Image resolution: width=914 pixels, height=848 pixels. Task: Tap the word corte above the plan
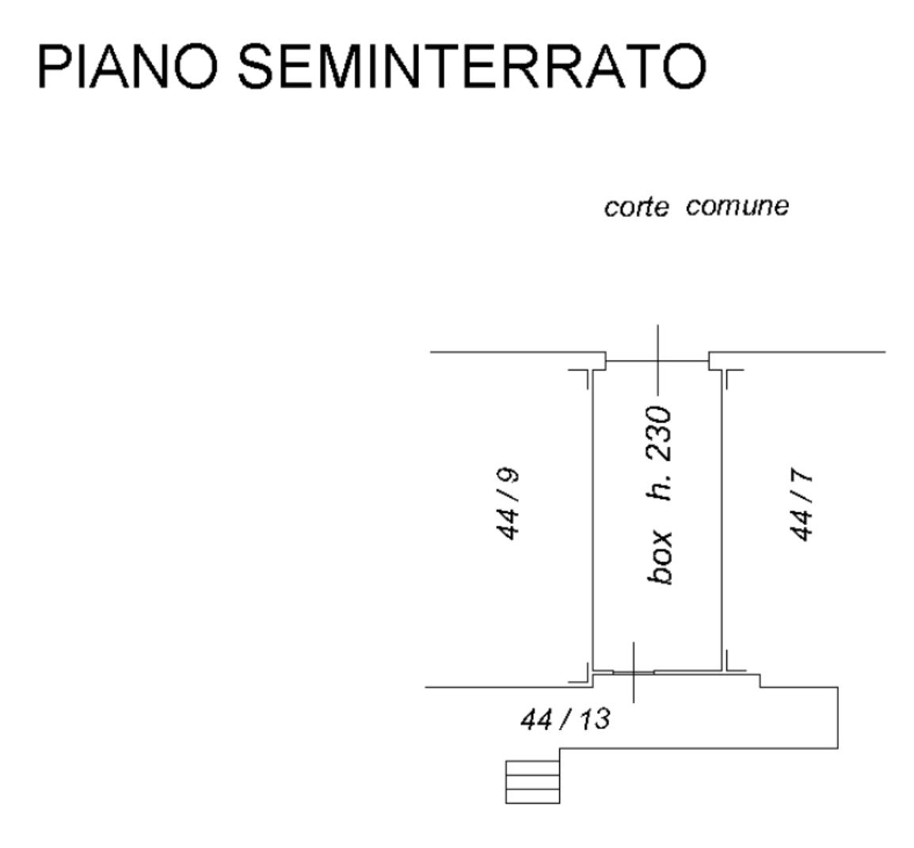tap(635, 207)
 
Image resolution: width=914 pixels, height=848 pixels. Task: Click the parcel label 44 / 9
tap(508, 504)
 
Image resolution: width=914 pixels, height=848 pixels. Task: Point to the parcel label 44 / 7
tap(802, 504)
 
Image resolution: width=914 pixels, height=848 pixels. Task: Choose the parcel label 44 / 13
tap(566, 719)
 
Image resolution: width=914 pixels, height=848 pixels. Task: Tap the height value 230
tap(658, 435)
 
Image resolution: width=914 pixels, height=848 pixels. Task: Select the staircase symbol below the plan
tap(532, 781)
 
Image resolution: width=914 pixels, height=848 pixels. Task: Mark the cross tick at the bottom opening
tap(633, 672)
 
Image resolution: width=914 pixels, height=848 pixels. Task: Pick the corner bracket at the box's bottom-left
tap(585, 674)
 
